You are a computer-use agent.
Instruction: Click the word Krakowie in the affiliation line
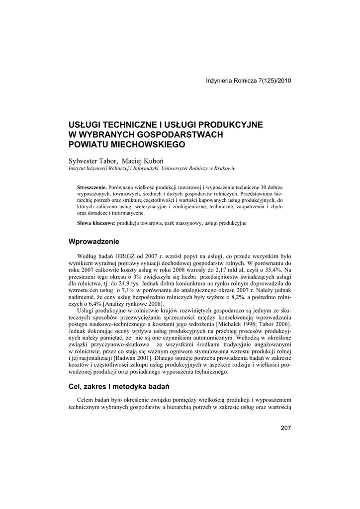coord(224,169)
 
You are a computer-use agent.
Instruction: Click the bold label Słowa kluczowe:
coord(96,224)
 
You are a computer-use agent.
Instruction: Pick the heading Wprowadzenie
coord(94,242)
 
